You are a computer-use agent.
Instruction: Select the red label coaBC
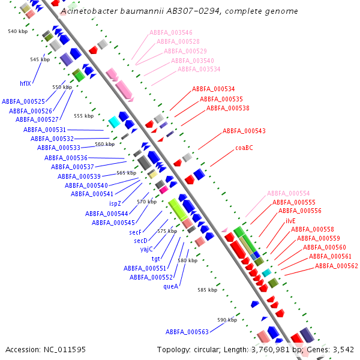point(244,147)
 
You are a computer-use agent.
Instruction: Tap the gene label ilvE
point(290,220)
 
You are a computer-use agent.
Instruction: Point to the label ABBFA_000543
point(244,131)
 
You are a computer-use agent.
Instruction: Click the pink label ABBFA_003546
point(171,32)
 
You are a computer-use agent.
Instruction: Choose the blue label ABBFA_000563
point(187,332)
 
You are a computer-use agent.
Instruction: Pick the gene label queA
point(171,286)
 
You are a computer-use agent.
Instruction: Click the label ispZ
point(115,203)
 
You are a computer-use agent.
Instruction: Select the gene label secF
point(135,231)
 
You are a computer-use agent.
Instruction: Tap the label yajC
point(147,249)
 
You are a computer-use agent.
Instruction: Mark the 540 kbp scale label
point(18,31)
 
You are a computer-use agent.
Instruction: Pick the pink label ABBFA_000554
point(289,193)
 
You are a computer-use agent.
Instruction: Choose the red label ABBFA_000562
point(337,266)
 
